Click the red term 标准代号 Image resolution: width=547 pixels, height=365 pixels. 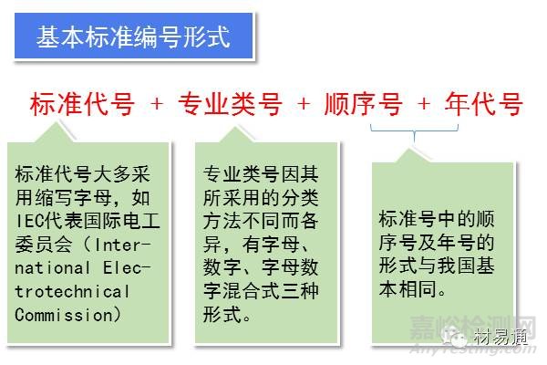click(82, 105)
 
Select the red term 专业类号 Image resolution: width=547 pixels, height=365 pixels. click(228, 105)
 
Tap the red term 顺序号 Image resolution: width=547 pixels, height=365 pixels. click(363, 105)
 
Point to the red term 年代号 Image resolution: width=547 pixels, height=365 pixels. click(483, 105)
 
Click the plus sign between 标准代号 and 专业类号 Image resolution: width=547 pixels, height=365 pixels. click(156, 105)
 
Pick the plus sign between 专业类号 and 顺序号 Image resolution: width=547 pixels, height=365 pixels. click(304, 105)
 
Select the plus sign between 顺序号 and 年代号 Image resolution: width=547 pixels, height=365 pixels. click(423, 105)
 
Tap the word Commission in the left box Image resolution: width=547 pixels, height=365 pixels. click(63, 315)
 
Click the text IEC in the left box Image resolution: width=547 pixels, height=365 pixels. click(27, 220)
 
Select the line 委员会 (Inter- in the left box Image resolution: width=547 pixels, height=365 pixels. click(81, 244)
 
